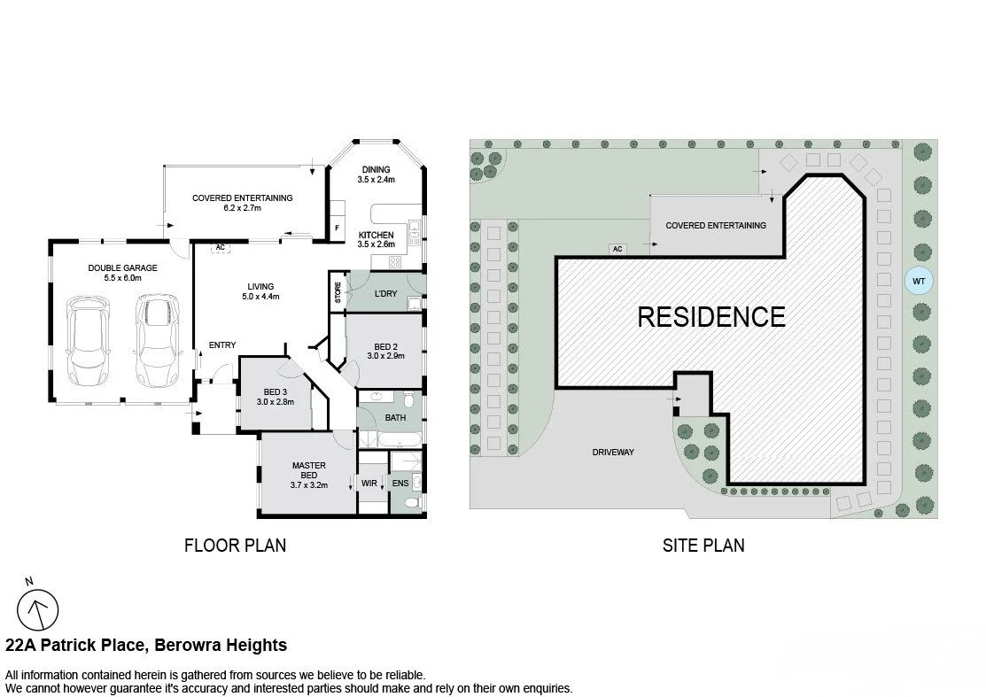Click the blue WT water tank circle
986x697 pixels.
[919, 282]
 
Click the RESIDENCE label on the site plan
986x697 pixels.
[710, 316]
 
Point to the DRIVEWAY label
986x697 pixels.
[613, 452]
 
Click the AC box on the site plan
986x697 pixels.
[617, 250]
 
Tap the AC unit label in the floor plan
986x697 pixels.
[218, 249]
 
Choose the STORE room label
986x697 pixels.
[338, 294]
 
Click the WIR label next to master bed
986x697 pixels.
[369, 483]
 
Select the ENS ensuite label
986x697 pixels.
[400, 483]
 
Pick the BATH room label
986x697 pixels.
[395, 417]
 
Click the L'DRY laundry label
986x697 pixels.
[385, 293]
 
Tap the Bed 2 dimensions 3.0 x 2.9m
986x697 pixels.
[385, 356]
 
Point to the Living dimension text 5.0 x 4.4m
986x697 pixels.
[260, 297]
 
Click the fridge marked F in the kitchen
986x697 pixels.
[337, 228]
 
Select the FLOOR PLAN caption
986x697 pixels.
[235, 546]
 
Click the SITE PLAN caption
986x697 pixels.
[703, 546]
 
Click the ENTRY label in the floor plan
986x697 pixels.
[221, 345]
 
